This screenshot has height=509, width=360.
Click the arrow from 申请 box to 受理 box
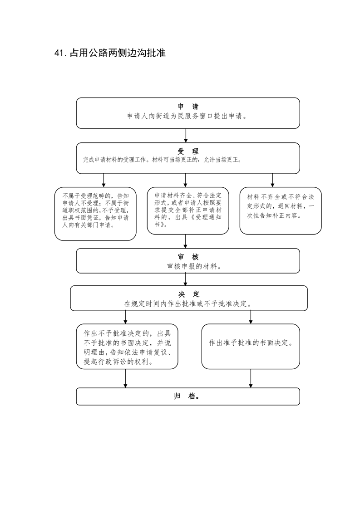(186, 135)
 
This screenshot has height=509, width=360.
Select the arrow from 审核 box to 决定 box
(186, 279)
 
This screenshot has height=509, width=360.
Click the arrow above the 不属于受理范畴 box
(104, 180)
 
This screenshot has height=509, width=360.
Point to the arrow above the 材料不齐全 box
(272, 180)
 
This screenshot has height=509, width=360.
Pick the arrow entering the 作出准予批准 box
(251, 317)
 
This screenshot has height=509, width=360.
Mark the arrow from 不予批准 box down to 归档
(125, 378)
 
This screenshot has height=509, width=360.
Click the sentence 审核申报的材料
(194, 266)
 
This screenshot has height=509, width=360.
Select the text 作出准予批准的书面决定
(251, 343)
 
